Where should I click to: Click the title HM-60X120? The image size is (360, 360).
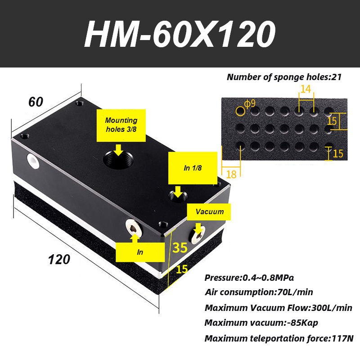[180, 34]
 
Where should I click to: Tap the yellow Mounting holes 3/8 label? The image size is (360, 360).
[121, 126]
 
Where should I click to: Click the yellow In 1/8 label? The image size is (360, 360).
[193, 168]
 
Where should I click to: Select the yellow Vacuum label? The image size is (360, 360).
[209, 211]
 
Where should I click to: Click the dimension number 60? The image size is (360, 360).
[36, 102]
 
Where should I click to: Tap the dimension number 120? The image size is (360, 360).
[59, 260]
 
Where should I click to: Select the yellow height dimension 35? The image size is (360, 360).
[180, 247]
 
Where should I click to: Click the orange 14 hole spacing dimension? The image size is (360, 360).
[306, 89]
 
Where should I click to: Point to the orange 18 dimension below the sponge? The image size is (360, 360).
[231, 174]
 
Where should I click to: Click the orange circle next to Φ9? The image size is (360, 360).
[240, 111]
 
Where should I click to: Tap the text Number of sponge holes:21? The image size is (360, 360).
[284, 77]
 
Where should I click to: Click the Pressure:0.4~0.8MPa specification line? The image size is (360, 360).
[249, 278]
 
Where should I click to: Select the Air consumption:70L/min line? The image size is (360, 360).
[259, 292]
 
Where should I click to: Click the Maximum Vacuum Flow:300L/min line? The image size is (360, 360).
[278, 308]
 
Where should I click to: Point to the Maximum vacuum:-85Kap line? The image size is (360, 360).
[261, 323]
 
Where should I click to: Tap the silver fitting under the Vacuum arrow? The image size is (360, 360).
[198, 235]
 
